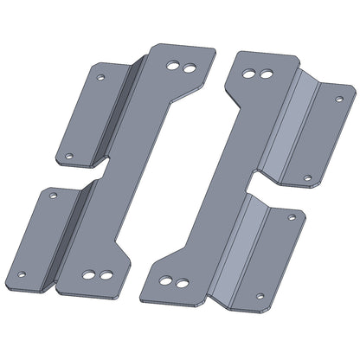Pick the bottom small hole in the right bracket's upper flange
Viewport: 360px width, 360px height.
(x=308, y=178)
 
